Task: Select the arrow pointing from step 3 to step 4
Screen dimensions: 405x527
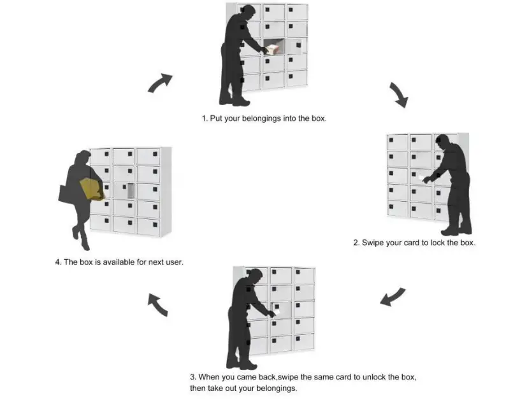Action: (157, 304)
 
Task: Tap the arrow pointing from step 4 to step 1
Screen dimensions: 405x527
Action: (161, 83)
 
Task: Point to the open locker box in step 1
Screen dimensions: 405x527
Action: (273, 48)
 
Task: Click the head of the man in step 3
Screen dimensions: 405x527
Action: (255, 276)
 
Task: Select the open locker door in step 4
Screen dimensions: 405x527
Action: (131, 190)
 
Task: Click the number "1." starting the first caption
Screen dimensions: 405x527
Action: (205, 118)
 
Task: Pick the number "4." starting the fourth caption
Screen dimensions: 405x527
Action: (58, 262)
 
